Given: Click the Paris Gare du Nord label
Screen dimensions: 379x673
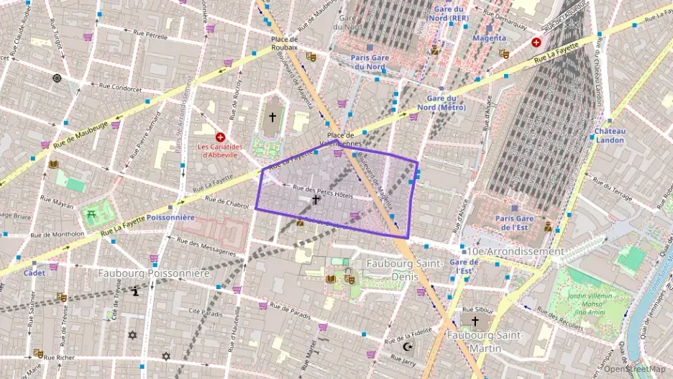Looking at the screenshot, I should pyautogui.click(x=370, y=62).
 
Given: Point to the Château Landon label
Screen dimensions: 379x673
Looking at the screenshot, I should pyautogui.click(x=610, y=135).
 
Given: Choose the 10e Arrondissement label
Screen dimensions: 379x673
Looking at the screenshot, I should pyautogui.click(x=516, y=252).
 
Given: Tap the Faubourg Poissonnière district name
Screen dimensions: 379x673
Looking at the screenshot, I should pyautogui.click(x=152, y=273).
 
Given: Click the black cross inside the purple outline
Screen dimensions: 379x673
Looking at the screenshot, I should pyautogui.click(x=316, y=199).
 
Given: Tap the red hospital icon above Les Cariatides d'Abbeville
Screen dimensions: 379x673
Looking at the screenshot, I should pyautogui.click(x=221, y=137).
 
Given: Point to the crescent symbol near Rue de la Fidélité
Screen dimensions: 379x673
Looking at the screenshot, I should pyautogui.click(x=408, y=347).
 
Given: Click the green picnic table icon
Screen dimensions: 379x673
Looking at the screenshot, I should pyautogui.click(x=91, y=214).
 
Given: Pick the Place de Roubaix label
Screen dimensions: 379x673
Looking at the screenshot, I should pyautogui.click(x=284, y=42).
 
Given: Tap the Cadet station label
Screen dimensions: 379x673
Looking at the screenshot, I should pyautogui.click(x=34, y=273).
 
